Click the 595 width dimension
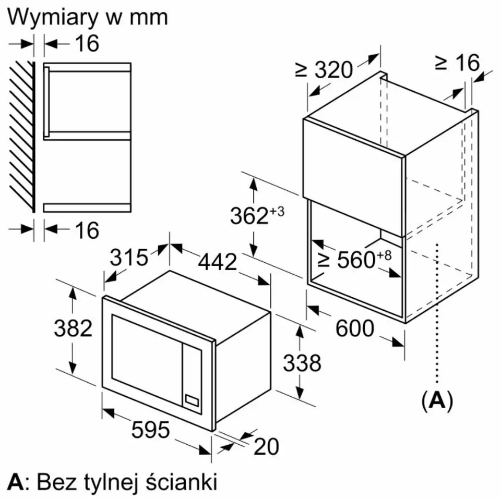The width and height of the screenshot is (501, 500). tap(150, 430)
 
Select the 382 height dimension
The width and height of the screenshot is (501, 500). tap(73, 328)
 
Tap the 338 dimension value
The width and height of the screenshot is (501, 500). tap(302, 363)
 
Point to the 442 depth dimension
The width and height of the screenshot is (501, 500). tap(217, 262)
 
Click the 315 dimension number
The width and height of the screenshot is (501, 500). tap(129, 258)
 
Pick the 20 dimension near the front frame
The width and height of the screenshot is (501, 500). tap(266, 446)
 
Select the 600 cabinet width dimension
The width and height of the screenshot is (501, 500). tap(355, 328)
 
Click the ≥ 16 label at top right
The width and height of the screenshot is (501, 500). tap(457, 63)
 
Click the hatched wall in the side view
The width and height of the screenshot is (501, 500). tap(22, 136)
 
